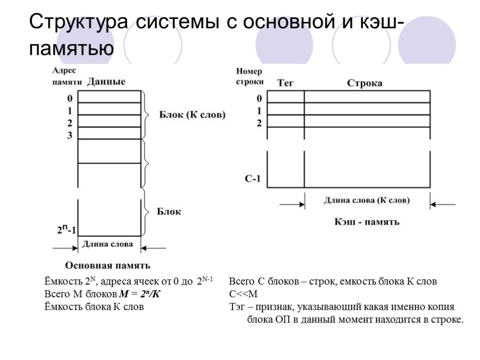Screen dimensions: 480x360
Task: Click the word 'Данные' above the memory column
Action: click(106, 82)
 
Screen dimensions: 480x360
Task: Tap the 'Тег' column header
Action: click(286, 83)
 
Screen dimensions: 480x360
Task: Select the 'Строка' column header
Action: click(364, 83)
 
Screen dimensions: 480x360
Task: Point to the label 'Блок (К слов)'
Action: click(192, 114)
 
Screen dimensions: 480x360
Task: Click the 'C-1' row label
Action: click(253, 179)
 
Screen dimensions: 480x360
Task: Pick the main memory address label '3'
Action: click(69, 135)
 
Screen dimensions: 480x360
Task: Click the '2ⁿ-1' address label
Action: click(67, 230)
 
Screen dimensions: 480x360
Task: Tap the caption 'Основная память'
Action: click(107, 266)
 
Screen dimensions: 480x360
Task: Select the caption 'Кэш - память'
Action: click(367, 222)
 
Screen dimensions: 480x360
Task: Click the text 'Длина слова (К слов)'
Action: click(367, 200)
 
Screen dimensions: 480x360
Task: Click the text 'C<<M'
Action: click(243, 294)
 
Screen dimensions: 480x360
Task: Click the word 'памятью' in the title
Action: click(71, 48)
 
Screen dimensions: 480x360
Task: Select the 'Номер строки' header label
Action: click(249, 76)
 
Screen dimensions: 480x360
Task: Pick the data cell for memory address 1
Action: click(109, 109)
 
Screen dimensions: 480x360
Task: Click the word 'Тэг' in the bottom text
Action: click(238, 307)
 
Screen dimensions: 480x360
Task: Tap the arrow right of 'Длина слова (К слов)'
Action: click(442, 204)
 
